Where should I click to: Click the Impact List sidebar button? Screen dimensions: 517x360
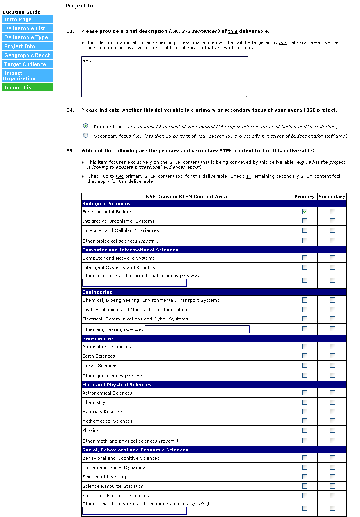[28, 88]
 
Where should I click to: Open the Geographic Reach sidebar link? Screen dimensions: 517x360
[28, 55]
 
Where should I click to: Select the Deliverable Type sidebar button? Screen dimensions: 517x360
[28, 37]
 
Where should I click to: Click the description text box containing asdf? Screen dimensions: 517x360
[164, 77]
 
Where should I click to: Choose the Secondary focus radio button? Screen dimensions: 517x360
[86, 135]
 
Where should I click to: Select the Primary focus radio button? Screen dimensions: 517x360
[86, 126]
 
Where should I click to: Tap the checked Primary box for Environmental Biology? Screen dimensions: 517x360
[305, 212]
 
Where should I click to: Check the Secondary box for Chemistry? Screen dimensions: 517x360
[332, 402]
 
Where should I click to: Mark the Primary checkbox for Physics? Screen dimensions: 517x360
[305, 430]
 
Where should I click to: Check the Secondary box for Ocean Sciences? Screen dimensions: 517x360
[332, 365]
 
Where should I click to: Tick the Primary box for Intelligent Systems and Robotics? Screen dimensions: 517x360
[305, 267]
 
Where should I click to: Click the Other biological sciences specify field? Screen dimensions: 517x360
[212, 241]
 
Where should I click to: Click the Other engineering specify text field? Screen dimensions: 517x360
[197, 329]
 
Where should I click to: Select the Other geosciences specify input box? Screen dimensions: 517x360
[198, 375]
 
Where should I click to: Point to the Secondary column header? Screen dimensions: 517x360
[332, 197]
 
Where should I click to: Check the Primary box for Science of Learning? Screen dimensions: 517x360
[305, 477]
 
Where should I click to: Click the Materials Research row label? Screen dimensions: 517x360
[103, 412]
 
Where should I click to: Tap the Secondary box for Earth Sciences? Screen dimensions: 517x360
[332, 356]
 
